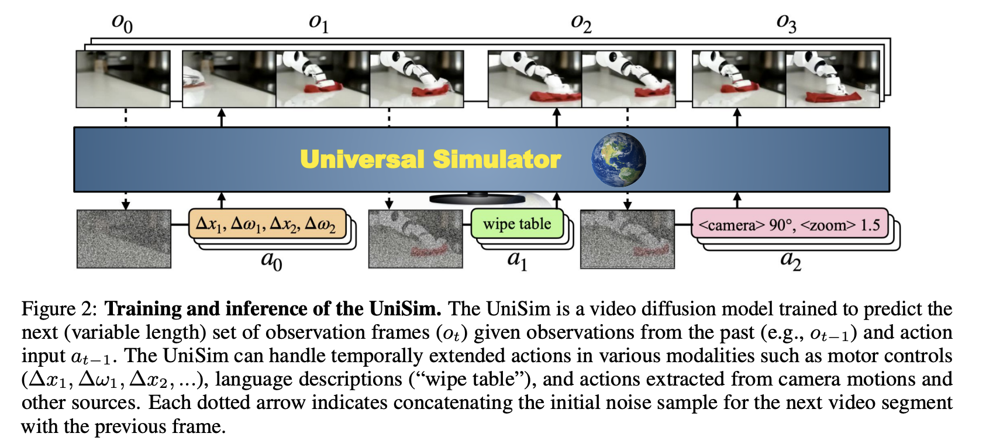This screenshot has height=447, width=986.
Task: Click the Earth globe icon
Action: coord(618,159)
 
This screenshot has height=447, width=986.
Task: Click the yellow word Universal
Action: coord(362,159)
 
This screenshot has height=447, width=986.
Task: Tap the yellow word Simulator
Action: coord(497,159)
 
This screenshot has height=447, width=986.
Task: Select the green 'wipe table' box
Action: coord(517,224)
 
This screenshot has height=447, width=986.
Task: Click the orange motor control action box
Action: coord(266,224)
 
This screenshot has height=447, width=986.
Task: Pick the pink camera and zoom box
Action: coord(789,225)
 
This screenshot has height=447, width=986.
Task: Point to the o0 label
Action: coord(122,23)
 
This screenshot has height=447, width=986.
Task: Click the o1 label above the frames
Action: coord(318,23)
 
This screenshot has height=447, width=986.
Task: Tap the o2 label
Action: coord(581,23)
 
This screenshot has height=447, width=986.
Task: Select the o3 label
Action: coord(785,23)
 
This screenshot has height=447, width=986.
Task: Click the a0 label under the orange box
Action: coord(271,260)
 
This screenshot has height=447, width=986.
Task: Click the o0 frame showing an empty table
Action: coord(123,79)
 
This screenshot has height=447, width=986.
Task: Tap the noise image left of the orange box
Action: coord(124,239)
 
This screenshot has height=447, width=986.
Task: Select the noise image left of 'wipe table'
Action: coord(415,239)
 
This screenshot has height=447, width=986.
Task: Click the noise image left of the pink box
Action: coord(627,239)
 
